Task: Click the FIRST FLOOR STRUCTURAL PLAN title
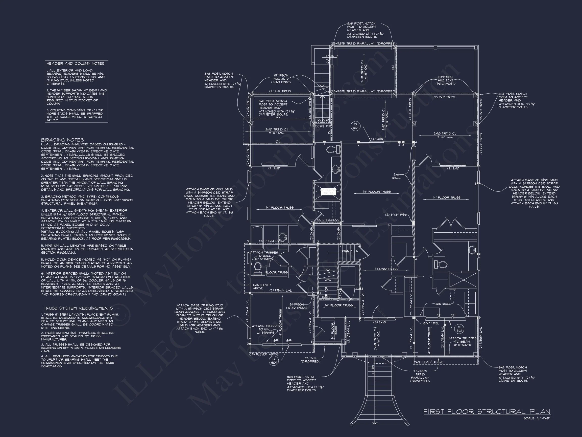(487, 411)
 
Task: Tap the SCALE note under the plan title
(537, 418)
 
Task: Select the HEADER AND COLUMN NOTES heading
(75, 63)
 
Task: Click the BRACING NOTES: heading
(63, 140)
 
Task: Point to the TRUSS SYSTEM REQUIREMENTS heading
(78, 308)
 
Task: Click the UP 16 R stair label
(331, 56)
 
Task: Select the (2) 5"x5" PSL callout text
(396, 215)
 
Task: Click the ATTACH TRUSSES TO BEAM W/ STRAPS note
(462, 341)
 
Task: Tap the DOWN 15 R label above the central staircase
(349, 251)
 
